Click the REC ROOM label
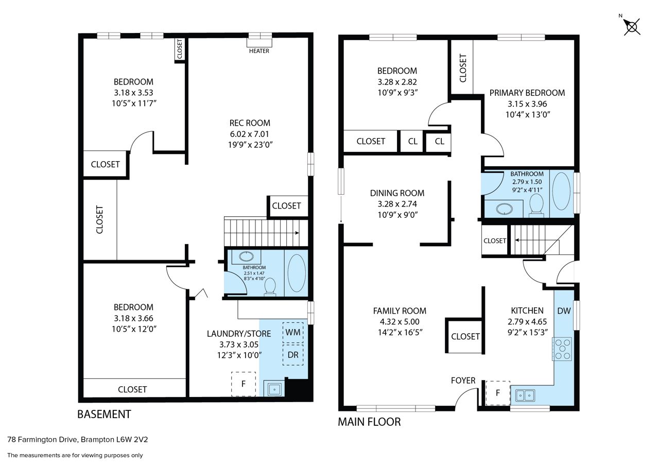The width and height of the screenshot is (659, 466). [x=250, y=123]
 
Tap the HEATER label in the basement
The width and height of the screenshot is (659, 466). [x=259, y=51]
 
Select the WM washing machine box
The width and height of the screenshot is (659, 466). [x=293, y=332]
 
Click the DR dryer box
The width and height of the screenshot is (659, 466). [x=293, y=355]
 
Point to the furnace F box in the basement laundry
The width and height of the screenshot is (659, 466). [x=244, y=384]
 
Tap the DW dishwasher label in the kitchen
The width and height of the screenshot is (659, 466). [x=564, y=311]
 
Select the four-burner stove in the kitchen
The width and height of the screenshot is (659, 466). [x=562, y=349]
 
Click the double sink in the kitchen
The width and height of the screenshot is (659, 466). [x=525, y=395]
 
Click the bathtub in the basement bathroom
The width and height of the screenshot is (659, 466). [x=296, y=273]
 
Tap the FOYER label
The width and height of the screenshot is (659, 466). [x=463, y=381]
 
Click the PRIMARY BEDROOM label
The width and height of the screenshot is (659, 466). [x=527, y=93]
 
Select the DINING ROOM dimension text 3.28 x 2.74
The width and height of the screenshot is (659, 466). [x=397, y=204]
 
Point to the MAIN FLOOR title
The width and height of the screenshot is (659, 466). [x=369, y=422]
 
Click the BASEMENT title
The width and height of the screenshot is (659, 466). [x=104, y=414]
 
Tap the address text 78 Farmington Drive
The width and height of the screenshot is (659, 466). [x=43, y=440]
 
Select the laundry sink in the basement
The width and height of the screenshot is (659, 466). [x=274, y=388]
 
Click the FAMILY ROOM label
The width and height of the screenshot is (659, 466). [x=400, y=311]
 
